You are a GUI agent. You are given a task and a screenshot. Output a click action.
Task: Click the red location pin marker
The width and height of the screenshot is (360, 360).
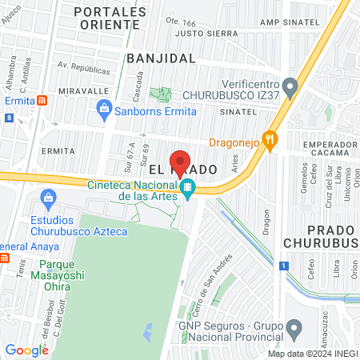pos(181,162)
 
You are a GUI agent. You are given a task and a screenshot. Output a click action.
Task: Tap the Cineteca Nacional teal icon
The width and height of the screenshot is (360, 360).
pos(187,189)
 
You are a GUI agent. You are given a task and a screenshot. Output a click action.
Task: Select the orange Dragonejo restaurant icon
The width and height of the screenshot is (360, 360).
pos(270,141)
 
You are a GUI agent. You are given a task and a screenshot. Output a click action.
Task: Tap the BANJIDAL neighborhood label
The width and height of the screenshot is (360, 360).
pos(161,58)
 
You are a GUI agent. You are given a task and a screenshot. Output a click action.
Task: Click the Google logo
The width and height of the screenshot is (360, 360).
pos(26,350)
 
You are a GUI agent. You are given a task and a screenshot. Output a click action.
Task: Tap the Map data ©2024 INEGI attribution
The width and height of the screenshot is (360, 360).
pos(310,354)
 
